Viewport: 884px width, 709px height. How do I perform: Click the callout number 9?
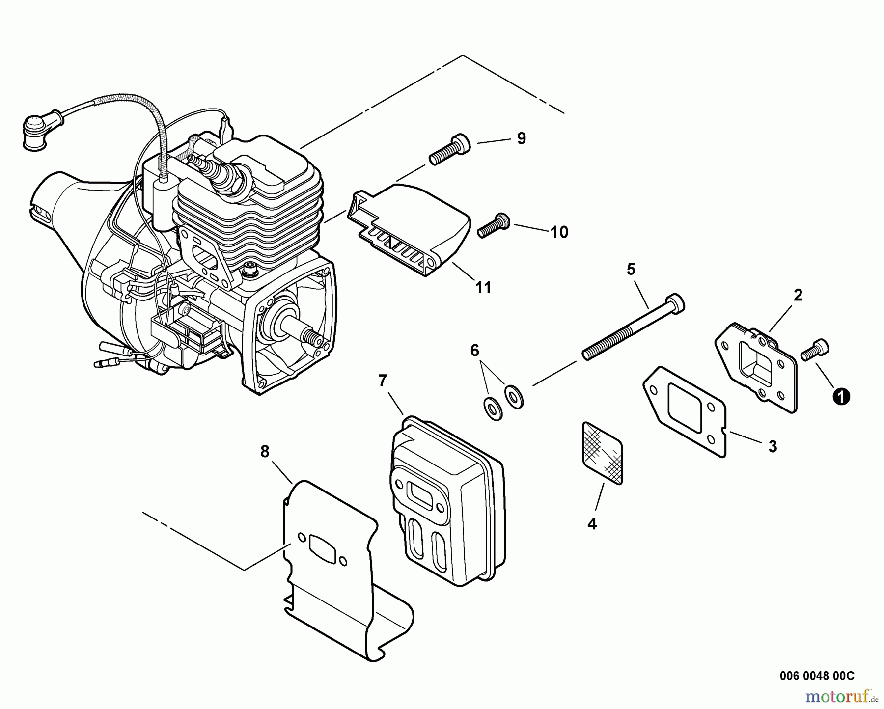[521, 138]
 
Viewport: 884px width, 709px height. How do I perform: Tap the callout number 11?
[483, 287]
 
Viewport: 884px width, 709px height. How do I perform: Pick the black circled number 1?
[841, 396]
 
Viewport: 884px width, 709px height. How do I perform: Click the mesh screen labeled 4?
[602, 452]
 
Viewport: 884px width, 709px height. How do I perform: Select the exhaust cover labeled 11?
[410, 228]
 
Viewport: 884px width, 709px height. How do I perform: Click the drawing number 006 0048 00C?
[817, 676]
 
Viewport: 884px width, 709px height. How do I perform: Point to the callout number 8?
[265, 451]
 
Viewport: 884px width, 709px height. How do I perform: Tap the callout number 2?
[798, 295]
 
